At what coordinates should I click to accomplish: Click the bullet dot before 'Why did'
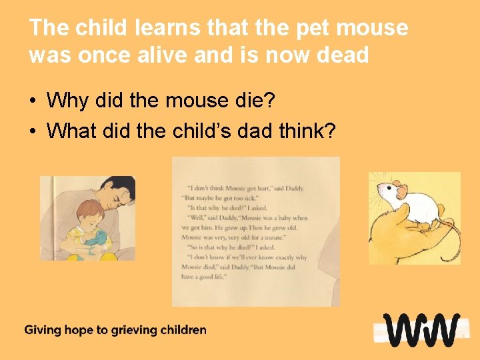[x=32, y=102]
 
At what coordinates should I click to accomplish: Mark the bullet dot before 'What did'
[x=32, y=131]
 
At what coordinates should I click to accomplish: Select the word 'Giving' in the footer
[x=41, y=330]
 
